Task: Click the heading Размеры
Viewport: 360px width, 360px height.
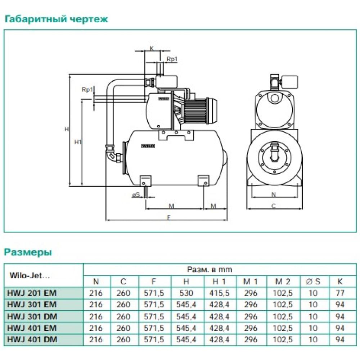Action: coord(28,252)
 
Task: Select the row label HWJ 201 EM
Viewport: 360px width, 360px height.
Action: coord(32,293)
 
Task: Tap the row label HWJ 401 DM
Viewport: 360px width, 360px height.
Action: coord(32,339)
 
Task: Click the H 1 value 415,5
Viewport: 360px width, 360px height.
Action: coord(219,293)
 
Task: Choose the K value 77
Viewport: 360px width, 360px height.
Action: coord(339,293)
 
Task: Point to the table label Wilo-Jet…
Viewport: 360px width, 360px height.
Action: coord(28,276)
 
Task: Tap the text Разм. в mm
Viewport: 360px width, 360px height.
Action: coord(210,269)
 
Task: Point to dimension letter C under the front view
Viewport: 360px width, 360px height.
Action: coord(273,206)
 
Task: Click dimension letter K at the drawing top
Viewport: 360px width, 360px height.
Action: coord(152,48)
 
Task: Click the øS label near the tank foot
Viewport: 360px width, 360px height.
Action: coord(136,195)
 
